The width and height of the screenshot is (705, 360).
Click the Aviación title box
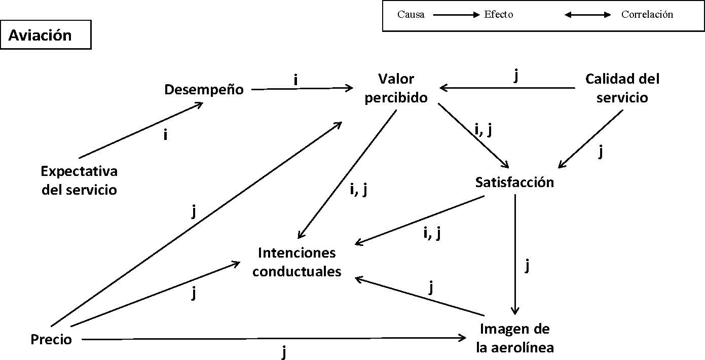[x=46, y=35]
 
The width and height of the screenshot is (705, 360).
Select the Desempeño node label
[x=204, y=90]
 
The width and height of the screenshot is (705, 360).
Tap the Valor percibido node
[x=396, y=88]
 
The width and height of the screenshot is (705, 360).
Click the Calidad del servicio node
[x=622, y=88]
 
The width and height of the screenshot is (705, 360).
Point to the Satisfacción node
[x=514, y=182]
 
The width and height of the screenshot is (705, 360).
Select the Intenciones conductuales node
[x=297, y=262]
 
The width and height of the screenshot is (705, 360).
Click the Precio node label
[x=51, y=340]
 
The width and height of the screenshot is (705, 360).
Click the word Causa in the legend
[x=411, y=15]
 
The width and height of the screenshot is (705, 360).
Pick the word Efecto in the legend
[x=499, y=15]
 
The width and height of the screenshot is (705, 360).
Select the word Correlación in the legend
[x=647, y=15]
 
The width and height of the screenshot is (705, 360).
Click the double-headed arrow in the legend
[x=588, y=15]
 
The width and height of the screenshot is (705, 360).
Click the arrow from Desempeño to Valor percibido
[x=302, y=89]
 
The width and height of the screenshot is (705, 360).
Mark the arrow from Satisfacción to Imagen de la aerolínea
[x=515, y=254]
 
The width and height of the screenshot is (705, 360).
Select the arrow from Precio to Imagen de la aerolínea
[x=274, y=339]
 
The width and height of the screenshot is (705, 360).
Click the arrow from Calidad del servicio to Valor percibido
[x=507, y=88]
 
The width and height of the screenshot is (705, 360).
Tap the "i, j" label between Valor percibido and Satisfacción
[x=484, y=130]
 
